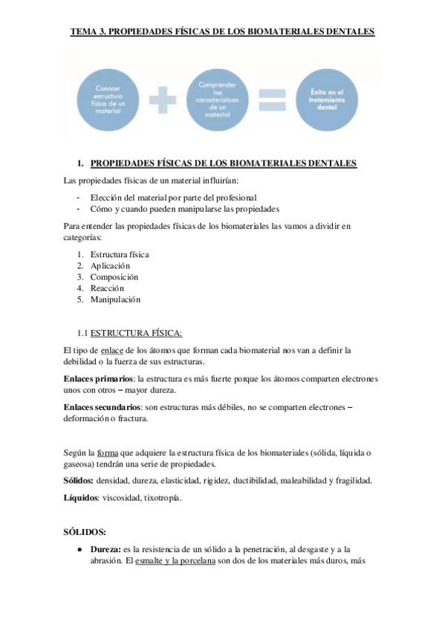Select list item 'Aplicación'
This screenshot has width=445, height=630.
click(110, 265)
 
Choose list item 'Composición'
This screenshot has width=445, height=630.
click(114, 276)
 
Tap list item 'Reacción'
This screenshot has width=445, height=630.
click(107, 288)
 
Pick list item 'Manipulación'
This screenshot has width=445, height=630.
click(115, 299)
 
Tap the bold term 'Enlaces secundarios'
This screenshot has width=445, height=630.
click(101, 408)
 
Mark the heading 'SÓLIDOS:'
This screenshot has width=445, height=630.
click(85, 531)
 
